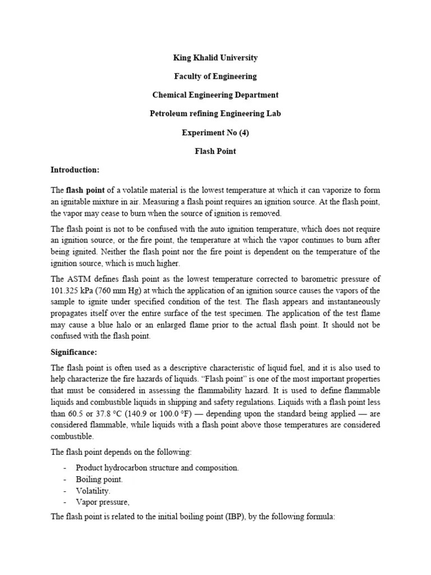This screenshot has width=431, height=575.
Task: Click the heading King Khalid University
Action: click(x=215, y=58)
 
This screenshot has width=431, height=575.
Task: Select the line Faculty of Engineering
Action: click(x=215, y=76)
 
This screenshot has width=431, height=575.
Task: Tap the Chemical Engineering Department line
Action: click(x=215, y=95)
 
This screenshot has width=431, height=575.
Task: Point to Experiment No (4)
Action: click(x=215, y=133)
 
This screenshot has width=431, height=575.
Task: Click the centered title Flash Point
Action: click(x=215, y=151)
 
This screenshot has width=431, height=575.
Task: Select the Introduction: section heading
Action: click(x=75, y=170)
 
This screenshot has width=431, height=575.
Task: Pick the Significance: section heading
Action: click(x=74, y=352)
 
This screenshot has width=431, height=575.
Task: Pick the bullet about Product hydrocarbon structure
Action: click(x=157, y=468)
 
